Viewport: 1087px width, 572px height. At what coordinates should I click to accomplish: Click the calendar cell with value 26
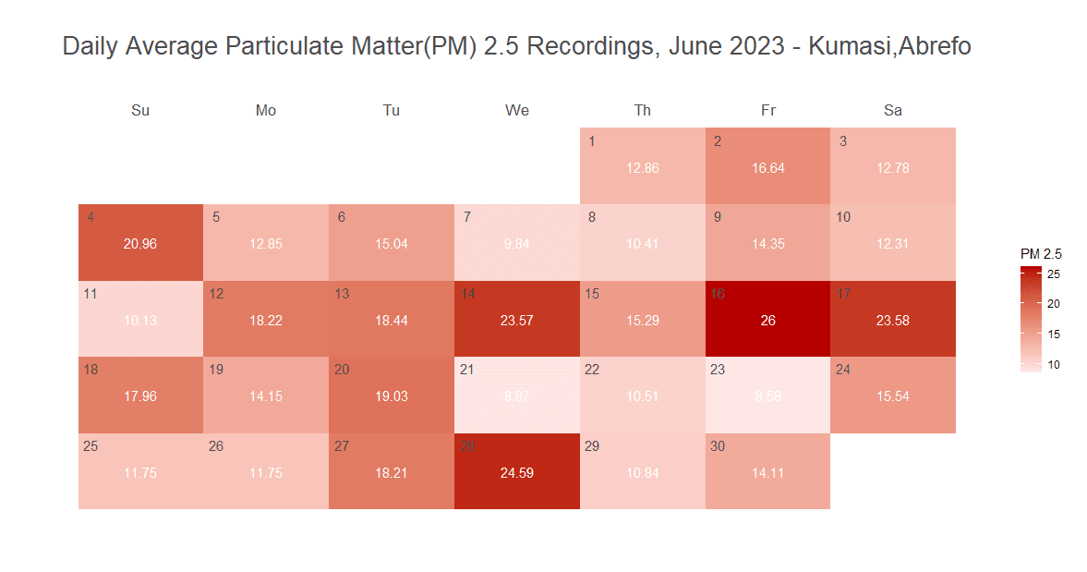[767, 319]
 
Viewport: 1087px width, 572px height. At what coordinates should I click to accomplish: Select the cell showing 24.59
[516, 471]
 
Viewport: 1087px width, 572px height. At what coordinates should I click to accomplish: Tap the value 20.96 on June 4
[140, 244]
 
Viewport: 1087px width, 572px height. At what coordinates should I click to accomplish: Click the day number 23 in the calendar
[718, 370]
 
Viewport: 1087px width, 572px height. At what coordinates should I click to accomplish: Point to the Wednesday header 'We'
[517, 111]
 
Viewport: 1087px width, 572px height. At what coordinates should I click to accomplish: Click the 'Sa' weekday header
[893, 111]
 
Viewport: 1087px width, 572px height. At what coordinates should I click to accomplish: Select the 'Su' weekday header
[140, 111]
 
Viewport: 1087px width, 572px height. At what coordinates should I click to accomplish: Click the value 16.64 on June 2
[768, 168]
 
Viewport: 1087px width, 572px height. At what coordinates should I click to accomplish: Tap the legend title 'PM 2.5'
[1041, 254]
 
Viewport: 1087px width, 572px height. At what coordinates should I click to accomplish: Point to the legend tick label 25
[1053, 274]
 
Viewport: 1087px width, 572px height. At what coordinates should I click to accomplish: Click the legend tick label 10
[1053, 365]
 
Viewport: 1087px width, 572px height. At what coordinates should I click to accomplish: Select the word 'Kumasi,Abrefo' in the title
[889, 46]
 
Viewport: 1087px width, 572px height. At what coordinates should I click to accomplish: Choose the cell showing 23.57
[516, 319]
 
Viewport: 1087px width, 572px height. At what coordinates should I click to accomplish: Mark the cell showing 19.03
[391, 396]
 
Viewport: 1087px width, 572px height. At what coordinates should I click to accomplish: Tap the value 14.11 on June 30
[768, 473]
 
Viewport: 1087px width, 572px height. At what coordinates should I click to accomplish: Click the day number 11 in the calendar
[91, 294]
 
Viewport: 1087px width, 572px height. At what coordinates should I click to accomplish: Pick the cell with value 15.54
[893, 396]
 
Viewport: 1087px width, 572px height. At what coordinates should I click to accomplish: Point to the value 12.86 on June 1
[643, 168]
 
